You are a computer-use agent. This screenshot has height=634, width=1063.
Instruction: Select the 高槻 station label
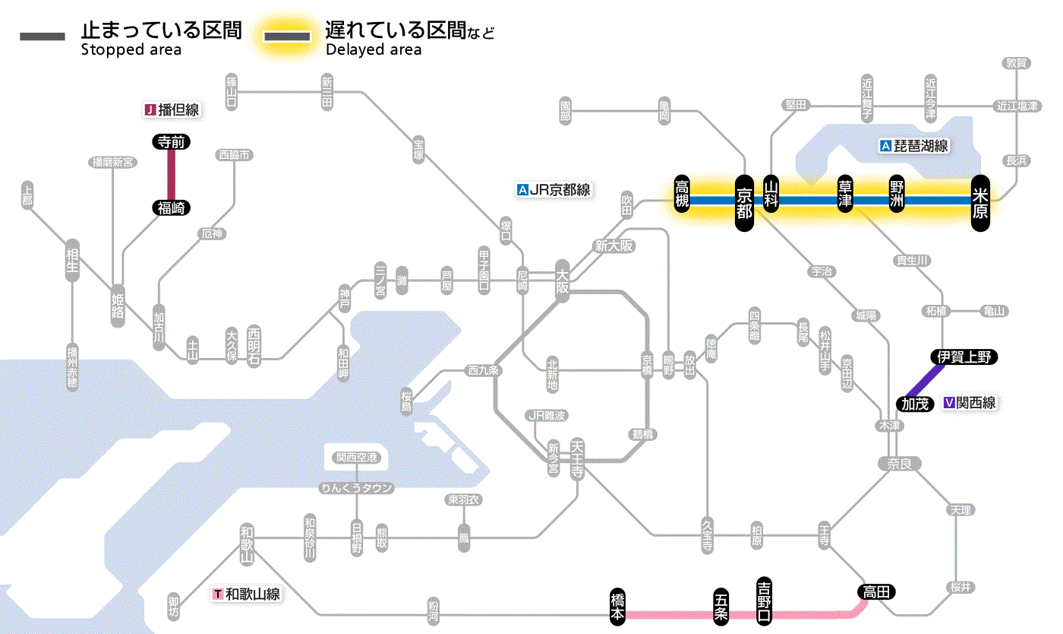click(683, 193)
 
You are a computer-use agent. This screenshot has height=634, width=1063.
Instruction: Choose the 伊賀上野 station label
click(964, 357)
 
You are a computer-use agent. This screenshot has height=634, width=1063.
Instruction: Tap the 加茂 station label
click(915, 404)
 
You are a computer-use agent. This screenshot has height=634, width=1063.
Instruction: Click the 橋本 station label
click(619, 607)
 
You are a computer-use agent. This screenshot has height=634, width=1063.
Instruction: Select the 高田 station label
click(877, 592)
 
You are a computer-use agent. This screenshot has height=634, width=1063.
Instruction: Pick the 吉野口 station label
click(764, 600)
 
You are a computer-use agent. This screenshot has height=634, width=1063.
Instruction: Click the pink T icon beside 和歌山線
click(219, 594)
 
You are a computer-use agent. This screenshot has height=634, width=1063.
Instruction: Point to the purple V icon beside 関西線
click(948, 404)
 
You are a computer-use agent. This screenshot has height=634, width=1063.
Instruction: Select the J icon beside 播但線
click(150, 110)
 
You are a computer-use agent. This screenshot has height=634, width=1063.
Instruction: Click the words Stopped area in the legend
click(131, 50)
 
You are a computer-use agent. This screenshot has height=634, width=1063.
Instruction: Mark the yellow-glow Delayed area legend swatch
click(287, 36)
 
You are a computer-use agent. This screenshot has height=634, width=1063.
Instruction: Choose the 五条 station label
click(721, 606)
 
